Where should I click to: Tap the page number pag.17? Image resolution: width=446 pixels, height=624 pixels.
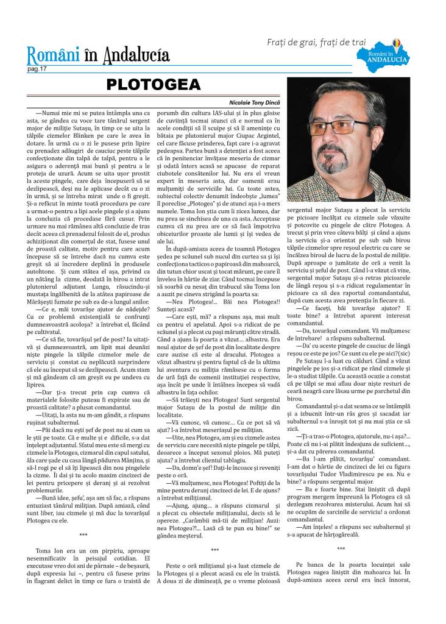(37, 69)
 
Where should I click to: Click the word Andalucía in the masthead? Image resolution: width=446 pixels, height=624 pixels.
(136, 57)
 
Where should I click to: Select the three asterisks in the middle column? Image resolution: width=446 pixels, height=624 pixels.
(223, 550)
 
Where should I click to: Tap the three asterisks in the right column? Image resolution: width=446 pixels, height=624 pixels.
(358, 549)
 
